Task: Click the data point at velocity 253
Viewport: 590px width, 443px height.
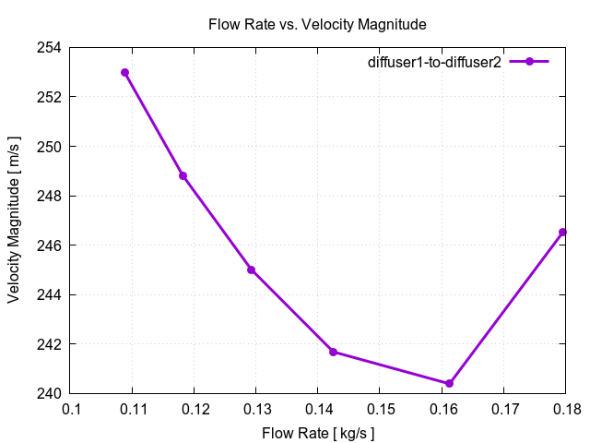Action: point(124,72)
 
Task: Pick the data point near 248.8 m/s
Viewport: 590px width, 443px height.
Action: point(183,175)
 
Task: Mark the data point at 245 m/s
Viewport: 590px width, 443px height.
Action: point(251,269)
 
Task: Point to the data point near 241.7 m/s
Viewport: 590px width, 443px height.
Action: point(333,352)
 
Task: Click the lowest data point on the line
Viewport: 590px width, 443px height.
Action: point(449,383)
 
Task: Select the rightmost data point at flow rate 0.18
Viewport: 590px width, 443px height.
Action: point(562,232)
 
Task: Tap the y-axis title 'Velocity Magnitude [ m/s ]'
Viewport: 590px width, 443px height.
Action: point(15,221)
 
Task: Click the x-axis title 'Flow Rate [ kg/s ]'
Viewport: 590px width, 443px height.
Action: point(318,432)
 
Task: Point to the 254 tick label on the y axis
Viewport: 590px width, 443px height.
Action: point(50,47)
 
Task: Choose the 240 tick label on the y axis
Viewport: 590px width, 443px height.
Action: point(50,393)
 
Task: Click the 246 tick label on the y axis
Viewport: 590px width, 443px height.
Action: point(50,245)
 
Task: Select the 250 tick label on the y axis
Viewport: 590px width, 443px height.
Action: point(50,146)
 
